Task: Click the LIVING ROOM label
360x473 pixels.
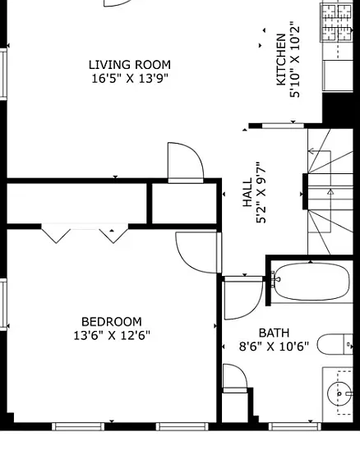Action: [x=130, y=65]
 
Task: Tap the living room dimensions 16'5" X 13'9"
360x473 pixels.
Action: [x=130, y=79]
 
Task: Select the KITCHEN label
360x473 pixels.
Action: [x=281, y=59]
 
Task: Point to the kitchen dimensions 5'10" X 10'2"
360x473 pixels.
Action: [x=295, y=59]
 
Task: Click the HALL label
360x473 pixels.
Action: [x=247, y=192]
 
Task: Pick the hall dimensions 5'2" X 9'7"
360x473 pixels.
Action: [x=261, y=192]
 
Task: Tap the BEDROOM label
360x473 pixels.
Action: [x=112, y=322]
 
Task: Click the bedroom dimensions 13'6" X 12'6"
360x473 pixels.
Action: [x=112, y=335]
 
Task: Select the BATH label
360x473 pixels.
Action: [x=274, y=333]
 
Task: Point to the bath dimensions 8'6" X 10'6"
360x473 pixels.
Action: [x=274, y=347]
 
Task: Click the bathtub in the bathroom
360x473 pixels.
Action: [x=311, y=282]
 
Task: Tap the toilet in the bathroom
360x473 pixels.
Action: [x=335, y=344]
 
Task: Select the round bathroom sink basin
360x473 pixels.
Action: [x=339, y=393]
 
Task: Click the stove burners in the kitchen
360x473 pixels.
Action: [x=336, y=23]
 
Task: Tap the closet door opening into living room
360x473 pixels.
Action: [x=186, y=163]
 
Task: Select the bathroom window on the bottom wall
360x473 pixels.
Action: [x=295, y=426]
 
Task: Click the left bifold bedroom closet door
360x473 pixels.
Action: [x=56, y=233]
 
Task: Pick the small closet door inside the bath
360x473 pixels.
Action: [x=235, y=379]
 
